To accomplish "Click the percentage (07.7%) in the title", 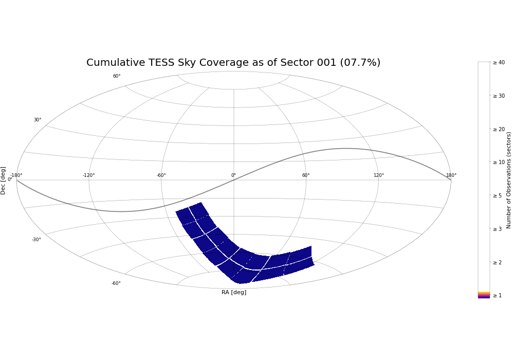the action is (x=360, y=62).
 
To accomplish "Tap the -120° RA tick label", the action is (x=88, y=175).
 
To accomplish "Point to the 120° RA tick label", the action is (x=379, y=175).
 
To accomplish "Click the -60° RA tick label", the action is (x=161, y=175).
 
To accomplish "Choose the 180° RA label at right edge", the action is (x=451, y=175).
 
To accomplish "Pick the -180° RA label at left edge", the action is (x=16, y=175).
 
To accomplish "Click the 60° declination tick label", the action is (x=117, y=76).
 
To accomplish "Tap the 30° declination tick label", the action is (x=38, y=120).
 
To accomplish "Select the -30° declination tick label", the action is (x=36, y=240).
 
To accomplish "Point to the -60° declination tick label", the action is (x=116, y=283).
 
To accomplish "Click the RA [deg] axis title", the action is (x=234, y=292).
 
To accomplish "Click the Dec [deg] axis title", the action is (x=3, y=181).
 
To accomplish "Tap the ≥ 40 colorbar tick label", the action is (x=499, y=62).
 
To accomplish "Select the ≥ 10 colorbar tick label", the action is (x=499, y=162).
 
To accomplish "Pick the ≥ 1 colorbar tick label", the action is (x=497, y=295).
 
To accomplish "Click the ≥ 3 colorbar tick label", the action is (x=497, y=229).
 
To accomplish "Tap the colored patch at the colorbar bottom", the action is (x=484, y=295).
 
